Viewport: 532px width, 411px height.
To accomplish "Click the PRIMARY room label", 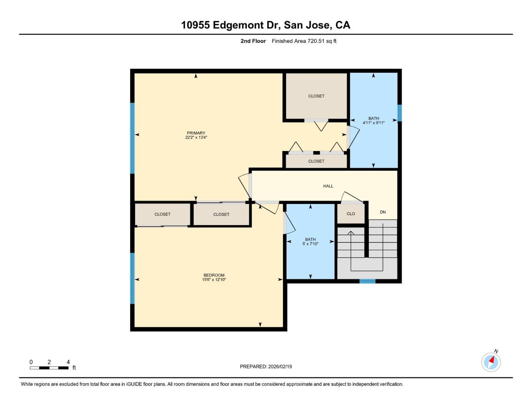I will click(196, 133).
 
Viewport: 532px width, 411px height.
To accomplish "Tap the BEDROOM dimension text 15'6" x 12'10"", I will click(214, 280).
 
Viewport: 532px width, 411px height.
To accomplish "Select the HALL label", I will click(328, 186).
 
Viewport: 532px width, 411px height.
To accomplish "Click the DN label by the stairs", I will click(383, 212).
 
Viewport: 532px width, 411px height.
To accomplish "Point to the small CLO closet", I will click(351, 214).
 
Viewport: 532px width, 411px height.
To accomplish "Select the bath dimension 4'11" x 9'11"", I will click(373, 123).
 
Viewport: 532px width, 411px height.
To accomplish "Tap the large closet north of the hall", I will click(316, 96).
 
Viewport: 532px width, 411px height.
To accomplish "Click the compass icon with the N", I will click(491, 362).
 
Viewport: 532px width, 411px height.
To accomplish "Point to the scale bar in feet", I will click(49, 368).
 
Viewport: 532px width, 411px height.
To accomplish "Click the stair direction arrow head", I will click(351, 232).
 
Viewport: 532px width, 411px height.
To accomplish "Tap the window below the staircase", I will click(367, 281).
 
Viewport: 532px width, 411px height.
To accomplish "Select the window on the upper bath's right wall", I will click(399, 113).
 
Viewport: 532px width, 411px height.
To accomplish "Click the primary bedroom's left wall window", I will click(132, 138).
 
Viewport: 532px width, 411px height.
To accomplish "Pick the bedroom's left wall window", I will click(132, 278).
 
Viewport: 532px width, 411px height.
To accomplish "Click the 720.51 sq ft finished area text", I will click(304, 41).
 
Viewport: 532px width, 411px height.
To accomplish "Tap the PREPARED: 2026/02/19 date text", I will click(266, 366).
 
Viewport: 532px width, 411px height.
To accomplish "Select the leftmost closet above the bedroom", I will click(162, 214).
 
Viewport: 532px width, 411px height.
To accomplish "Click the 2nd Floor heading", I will click(253, 41).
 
